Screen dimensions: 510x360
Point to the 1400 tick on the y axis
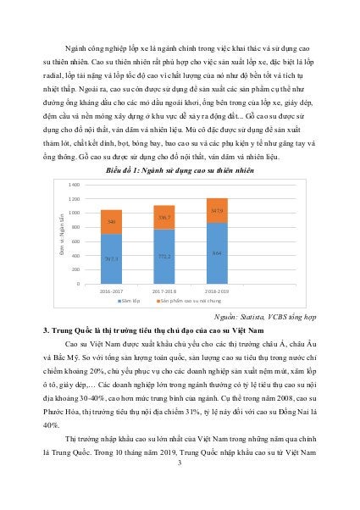75,184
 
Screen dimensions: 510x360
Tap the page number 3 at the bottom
180,461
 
